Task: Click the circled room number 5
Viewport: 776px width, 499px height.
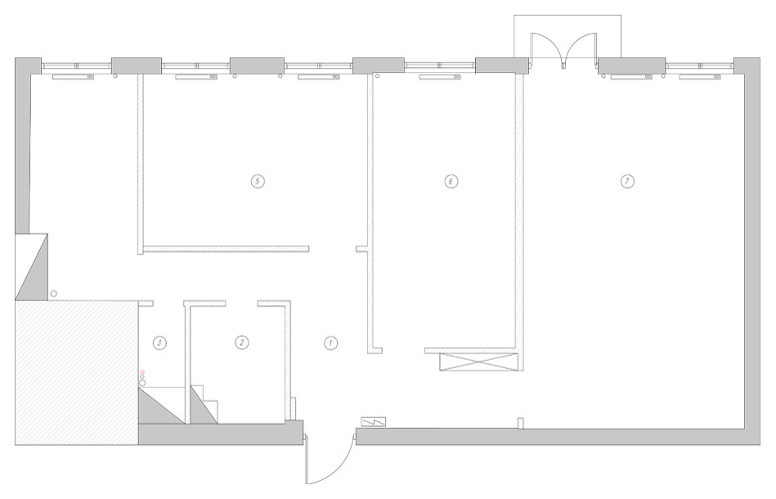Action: click(x=257, y=181)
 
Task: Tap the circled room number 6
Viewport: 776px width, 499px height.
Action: click(x=451, y=181)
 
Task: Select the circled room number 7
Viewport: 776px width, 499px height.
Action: click(x=627, y=181)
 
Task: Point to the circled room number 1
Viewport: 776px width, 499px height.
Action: click(x=330, y=343)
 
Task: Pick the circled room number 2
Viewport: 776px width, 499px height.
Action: click(x=241, y=343)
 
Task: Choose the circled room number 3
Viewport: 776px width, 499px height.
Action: click(x=159, y=343)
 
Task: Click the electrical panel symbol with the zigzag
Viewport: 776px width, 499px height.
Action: click(x=374, y=422)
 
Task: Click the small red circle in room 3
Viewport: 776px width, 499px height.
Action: click(x=142, y=371)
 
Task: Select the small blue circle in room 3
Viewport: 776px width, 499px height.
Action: click(x=142, y=377)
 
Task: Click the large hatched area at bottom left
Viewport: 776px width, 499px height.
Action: click(x=76, y=372)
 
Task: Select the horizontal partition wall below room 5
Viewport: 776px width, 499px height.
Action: click(x=226, y=249)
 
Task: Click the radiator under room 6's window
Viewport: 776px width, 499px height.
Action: click(x=441, y=77)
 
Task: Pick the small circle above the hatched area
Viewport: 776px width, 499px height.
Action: click(x=53, y=294)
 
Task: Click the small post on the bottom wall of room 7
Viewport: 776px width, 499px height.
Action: click(x=520, y=424)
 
